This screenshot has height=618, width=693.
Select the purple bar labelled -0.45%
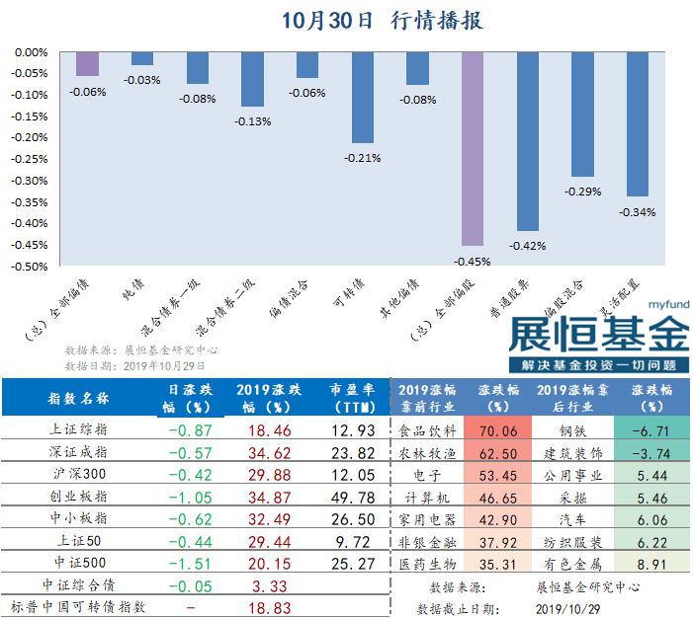tap(473, 148)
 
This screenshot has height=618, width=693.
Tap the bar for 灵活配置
tap(637, 123)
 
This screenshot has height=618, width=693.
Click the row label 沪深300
tap(78, 474)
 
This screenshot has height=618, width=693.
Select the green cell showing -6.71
tap(650, 430)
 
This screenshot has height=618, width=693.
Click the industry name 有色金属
tap(572, 564)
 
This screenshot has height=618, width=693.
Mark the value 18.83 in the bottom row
tap(263, 607)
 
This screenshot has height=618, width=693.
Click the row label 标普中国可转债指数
tap(78, 607)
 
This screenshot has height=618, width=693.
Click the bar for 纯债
tap(142, 58)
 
